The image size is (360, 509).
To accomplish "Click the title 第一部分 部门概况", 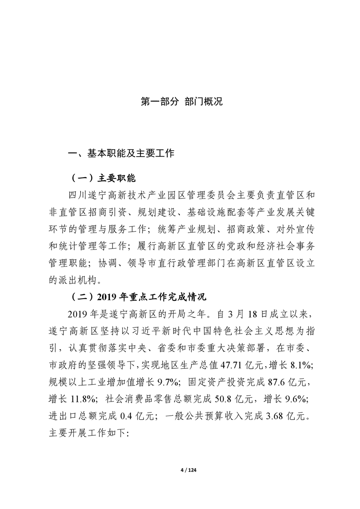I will [x=181, y=101].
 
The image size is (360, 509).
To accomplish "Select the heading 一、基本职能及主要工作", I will [x=121, y=154].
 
